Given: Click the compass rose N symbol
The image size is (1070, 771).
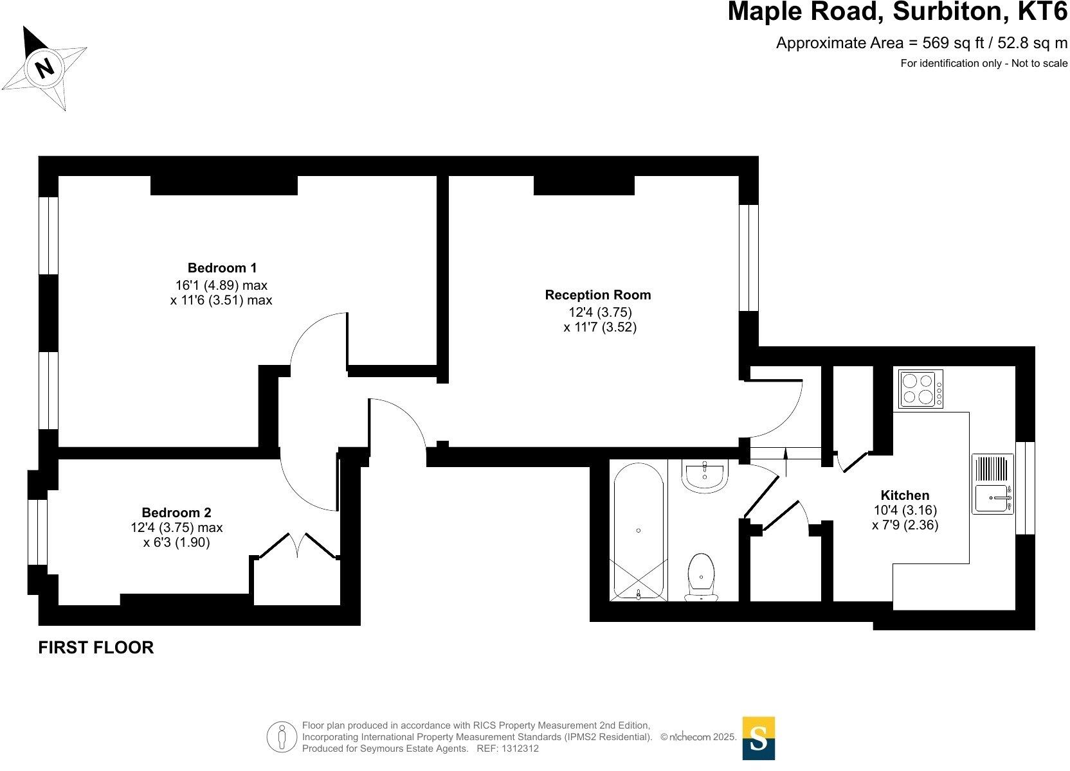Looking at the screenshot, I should (x=44, y=67).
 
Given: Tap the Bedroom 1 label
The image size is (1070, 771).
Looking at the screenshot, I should (x=222, y=268).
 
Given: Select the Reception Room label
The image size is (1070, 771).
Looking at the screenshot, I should (x=597, y=295).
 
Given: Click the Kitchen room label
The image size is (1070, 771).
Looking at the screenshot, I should (x=904, y=495).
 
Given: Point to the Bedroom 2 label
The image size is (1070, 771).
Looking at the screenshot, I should (x=176, y=513).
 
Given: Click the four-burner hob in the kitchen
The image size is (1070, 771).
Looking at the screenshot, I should (x=920, y=389).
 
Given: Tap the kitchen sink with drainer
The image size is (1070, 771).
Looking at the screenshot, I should (x=992, y=484).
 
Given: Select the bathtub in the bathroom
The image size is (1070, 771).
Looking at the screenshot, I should (x=638, y=531).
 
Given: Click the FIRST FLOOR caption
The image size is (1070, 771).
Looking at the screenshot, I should (x=96, y=648).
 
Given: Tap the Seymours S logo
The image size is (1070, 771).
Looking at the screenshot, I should (x=758, y=739).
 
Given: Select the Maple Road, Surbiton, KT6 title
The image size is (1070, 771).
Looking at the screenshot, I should (x=897, y=13).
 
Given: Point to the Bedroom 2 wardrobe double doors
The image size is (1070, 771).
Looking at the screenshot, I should (x=298, y=545).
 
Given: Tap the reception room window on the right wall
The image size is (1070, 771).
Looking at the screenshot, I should (x=748, y=257).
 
